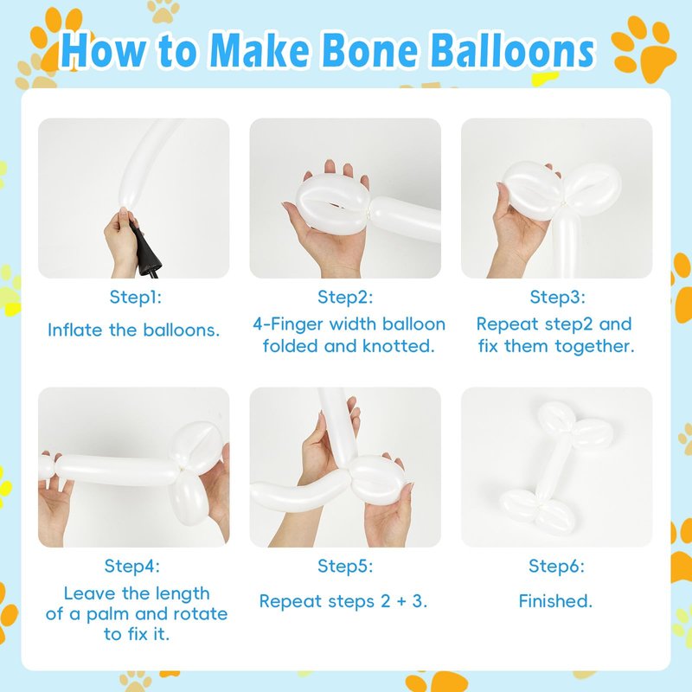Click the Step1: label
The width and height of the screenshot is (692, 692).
coord(136,297)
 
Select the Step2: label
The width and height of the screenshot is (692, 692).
coord(345,297)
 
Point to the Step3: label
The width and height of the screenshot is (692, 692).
coord(557,297)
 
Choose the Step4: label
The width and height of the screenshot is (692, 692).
coord(132,566)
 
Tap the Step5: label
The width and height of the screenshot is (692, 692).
coord(345,566)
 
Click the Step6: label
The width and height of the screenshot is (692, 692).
coord(556,566)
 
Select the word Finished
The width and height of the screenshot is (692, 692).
coord(555,601)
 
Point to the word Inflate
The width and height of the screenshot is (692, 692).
coord(75,330)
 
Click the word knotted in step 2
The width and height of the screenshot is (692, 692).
coord(399,346)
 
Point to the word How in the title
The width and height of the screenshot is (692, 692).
coord(103,50)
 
